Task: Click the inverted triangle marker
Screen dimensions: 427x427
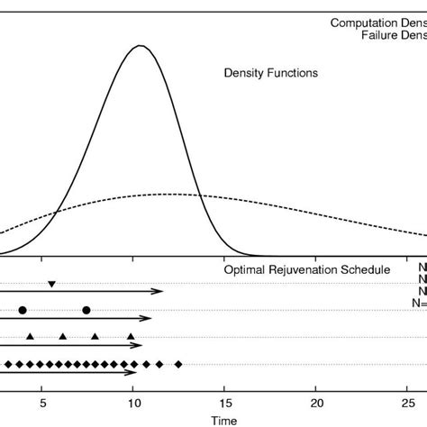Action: pos(51,284)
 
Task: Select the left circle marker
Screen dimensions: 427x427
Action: pos(22,310)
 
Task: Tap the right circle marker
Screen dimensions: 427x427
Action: pos(86,310)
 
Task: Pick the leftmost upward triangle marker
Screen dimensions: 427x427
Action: pos(31,336)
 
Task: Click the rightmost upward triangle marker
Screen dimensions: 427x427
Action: pos(131,336)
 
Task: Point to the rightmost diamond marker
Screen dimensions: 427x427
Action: pos(178,364)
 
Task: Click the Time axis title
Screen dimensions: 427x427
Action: pos(224,419)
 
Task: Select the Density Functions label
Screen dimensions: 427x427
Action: pos(270,73)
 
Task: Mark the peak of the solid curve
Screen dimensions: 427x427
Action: pos(139,45)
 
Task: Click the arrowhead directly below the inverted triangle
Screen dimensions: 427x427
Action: pos(159,291)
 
